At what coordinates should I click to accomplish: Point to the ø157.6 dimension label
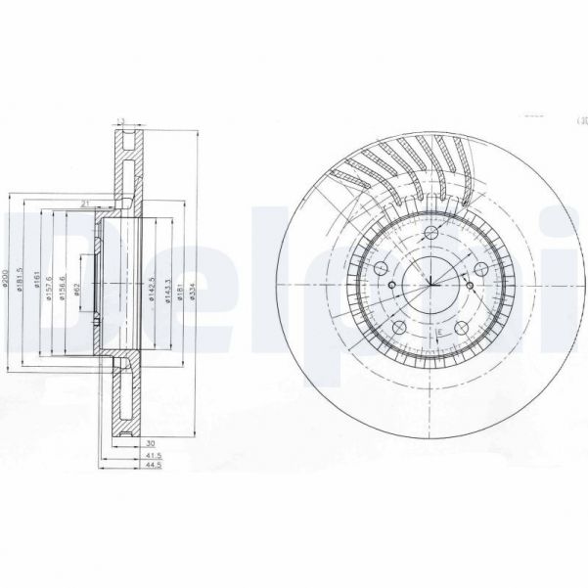(47, 285)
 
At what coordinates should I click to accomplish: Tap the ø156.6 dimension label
(62, 285)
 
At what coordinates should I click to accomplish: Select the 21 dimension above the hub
(86, 203)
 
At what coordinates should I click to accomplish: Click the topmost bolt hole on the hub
(430, 233)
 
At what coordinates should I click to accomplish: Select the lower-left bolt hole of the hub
(399, 327)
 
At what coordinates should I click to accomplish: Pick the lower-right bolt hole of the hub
(460, 327)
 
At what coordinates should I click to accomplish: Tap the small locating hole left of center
(390, 286)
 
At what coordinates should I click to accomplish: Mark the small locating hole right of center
(470, 286)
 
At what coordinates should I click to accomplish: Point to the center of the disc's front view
(430, 286)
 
